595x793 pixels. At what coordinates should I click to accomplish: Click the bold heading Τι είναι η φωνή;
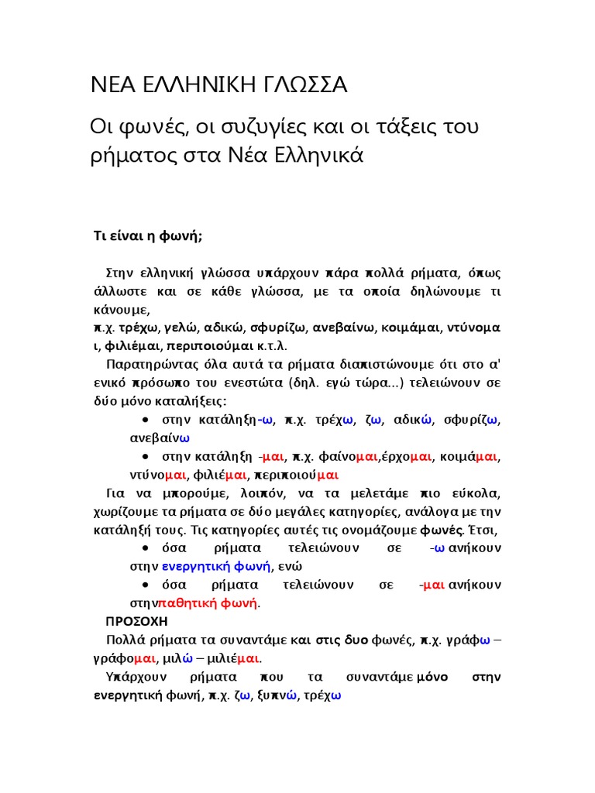[148, 237]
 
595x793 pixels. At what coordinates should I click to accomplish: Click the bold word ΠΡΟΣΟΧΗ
[136, 621]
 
